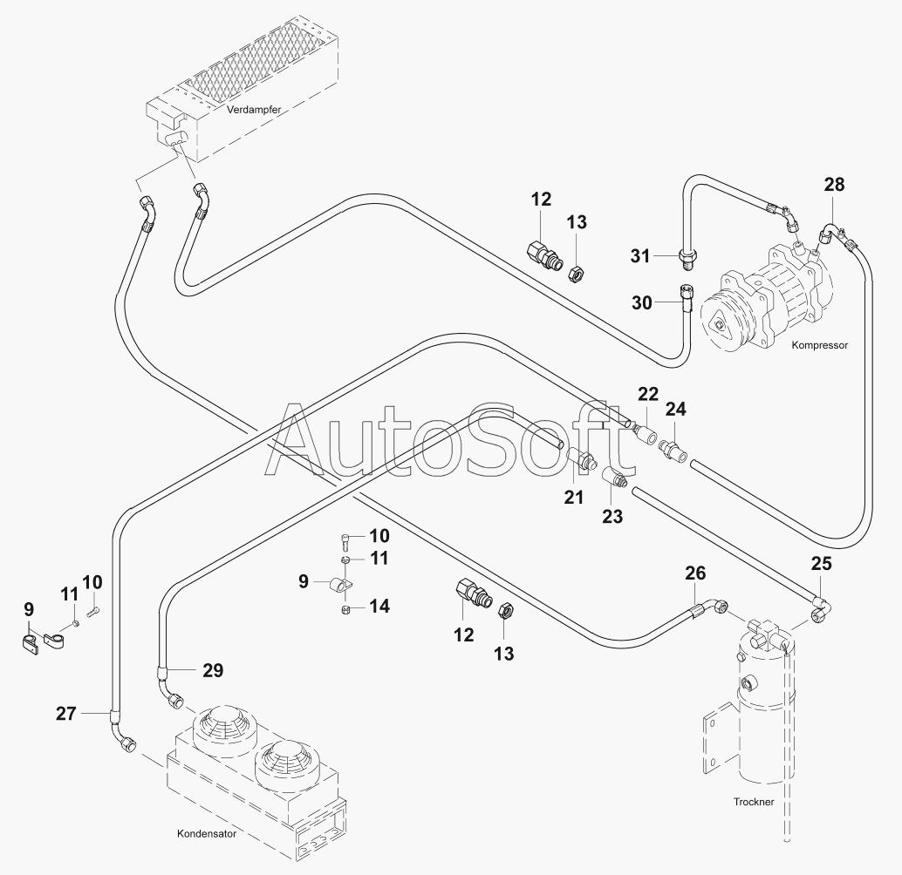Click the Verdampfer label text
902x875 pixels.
click(x=251, y=111)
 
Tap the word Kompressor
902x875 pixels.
click(x=819, y=345)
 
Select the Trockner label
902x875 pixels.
click(x=755, y=802)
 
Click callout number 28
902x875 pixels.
click(x=834, y=185)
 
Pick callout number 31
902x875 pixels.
click(x=641, y=255)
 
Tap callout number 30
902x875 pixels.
click(x=642, y=302)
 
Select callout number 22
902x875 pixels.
click(x=647, y=394)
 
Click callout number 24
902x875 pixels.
click(x=676, y=409)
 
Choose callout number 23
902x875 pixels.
click(x=612, y=516)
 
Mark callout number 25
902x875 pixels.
click(x=821, y=564)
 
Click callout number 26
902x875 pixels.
click(x=695, y=573)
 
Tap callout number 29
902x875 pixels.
click(x=213, y=670)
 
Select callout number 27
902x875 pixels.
click(x=66, y=713)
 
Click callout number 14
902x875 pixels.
click(x=379, y=606)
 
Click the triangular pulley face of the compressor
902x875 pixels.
click(x=717, y=326)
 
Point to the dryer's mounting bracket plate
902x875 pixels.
click(x=715, y=741)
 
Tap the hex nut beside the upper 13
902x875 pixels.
click(x=575, y=274)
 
